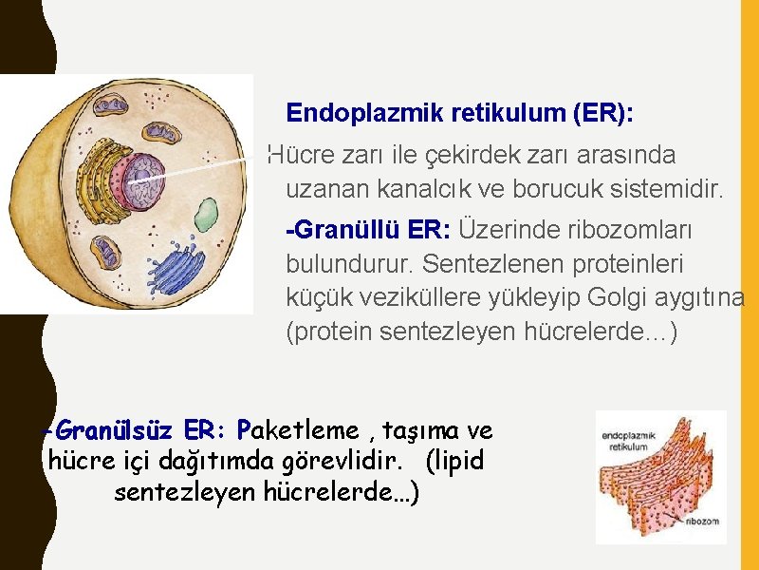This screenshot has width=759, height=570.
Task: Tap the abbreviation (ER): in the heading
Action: (603, 114)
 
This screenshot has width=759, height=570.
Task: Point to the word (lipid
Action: (454, 462)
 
